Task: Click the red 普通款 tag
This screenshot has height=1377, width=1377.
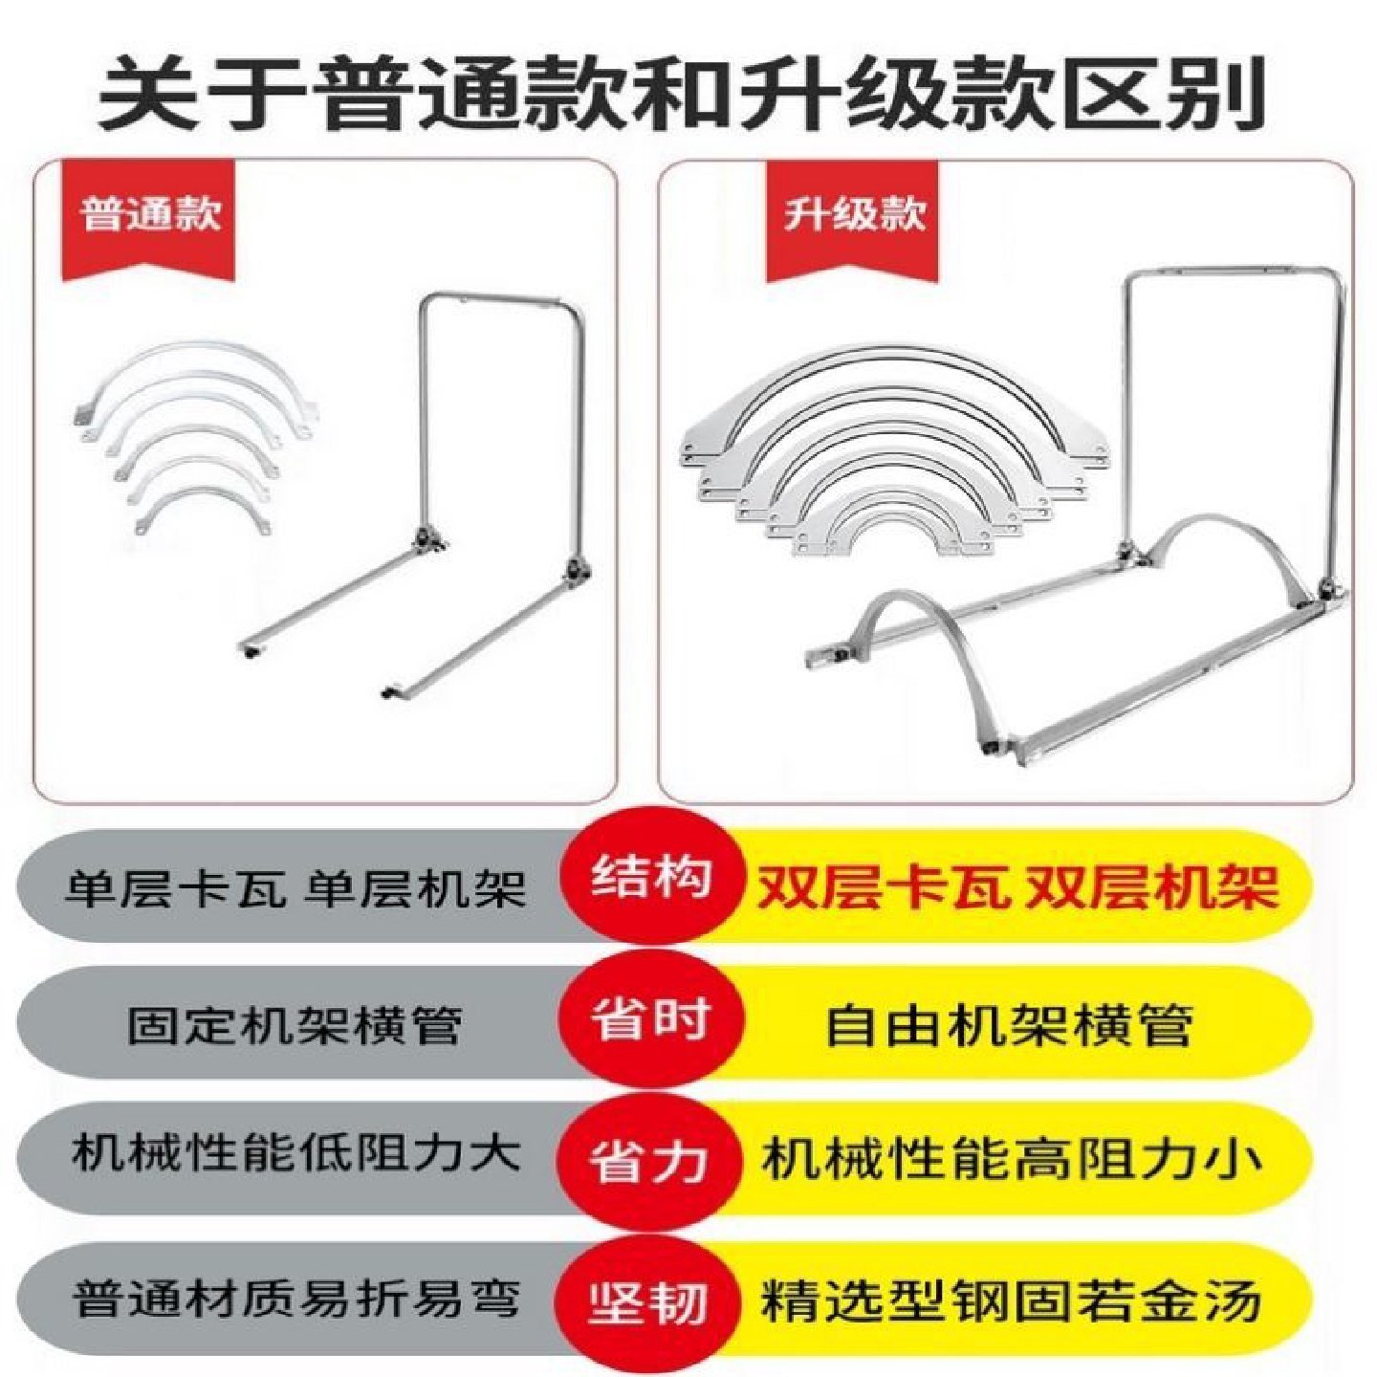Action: (151, 214)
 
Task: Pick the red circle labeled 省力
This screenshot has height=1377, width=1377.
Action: (650, 1159)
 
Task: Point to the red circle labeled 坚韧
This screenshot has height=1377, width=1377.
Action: (650, 1300)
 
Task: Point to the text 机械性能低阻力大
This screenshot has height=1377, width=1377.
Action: (295, 1154)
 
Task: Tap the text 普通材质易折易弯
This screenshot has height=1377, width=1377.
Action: (295, 1299)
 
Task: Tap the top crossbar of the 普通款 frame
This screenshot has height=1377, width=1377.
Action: (502, 298)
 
